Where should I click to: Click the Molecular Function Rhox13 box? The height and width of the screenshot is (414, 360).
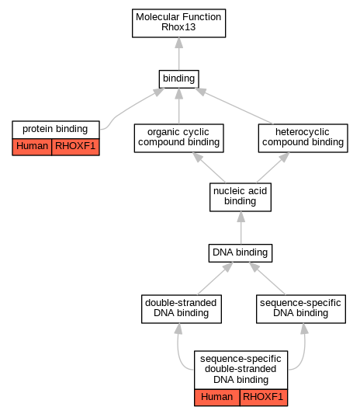tap(178, 23)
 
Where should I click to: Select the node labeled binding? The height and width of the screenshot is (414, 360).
tap(178, 79)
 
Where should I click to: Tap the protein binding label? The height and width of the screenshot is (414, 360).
tap(56, 130)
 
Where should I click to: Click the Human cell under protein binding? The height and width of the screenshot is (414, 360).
tap(32, 147)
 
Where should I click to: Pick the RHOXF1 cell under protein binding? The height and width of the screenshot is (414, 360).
tap(75, 147)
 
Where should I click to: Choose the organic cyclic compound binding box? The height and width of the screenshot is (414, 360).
tap(178, 138)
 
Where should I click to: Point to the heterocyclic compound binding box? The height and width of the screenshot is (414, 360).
tap(303, 138)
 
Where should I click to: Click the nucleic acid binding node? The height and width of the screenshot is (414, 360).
tap(241, 197)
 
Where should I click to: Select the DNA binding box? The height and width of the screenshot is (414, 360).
tap(241, 253)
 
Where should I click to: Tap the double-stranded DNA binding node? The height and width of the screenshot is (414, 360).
tap(182, 309)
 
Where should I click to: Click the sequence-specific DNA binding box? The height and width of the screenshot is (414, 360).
tap(301, 309)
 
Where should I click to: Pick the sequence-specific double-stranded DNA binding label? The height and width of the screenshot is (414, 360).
tap(241, 370)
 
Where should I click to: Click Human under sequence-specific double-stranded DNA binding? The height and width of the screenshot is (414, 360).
tap(217, 398)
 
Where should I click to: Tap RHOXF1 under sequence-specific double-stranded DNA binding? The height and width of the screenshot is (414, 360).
tap(264, 398)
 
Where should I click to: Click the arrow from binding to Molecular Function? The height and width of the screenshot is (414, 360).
tap(178, 54)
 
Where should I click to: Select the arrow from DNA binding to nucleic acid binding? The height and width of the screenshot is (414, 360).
tap(241, 228)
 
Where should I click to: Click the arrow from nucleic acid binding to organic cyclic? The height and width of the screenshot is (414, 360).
tap(209, 168)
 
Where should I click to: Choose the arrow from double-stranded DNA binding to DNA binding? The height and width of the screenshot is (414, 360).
tap(215, 278)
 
